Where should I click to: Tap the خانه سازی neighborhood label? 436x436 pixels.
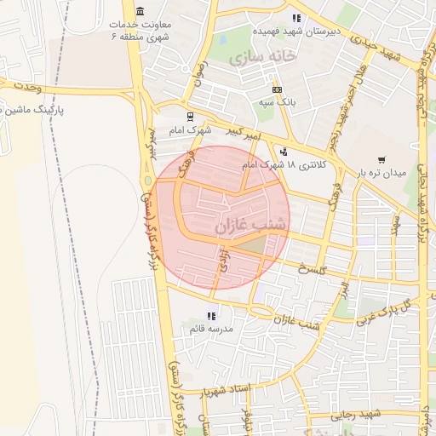point(266,55)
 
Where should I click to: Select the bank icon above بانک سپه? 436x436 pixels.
point(277,89)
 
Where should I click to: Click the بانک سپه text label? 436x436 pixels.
point(277,101)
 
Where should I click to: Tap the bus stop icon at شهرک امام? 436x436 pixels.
point(189,117)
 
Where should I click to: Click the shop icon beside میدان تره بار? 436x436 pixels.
point(381,158)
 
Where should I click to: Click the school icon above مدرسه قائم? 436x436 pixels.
point(211,315)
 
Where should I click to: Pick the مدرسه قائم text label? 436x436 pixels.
point(211,328)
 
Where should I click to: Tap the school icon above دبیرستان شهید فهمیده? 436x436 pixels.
point(296,17)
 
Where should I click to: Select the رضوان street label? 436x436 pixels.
point(201,70)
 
